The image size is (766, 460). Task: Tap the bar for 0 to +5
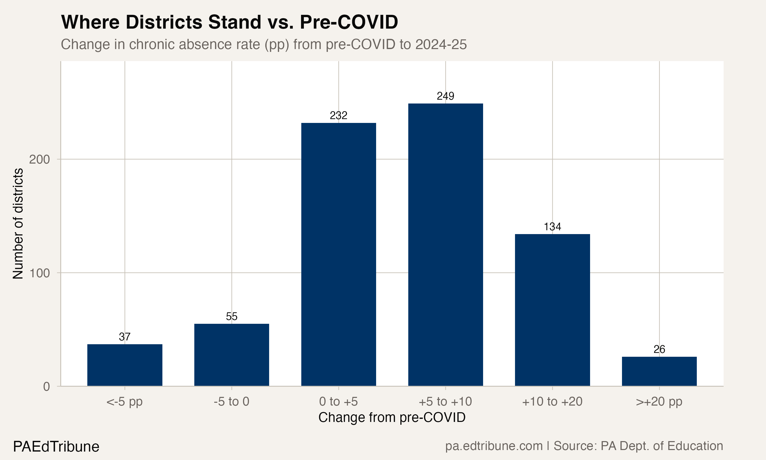coord(338,254)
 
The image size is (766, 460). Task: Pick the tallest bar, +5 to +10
coord(445,245)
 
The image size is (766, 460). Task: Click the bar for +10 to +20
coord(552,310)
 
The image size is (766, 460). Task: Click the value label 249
coord(445,96)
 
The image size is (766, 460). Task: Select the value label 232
coord(338,116)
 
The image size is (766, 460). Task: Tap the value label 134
coord(552,227)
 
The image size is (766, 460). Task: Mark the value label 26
coord(659,350)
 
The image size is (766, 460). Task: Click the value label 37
coord(125,337)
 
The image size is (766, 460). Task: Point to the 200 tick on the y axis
coord(39,160)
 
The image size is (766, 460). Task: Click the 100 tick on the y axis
coord(39,273)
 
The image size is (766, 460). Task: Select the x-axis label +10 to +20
coord(552,402)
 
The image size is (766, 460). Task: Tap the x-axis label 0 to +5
coord(338,402)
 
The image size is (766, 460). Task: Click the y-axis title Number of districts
coord(18,224)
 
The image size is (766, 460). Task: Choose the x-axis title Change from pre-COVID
coord(392,418)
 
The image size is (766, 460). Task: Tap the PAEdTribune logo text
coord(56,447)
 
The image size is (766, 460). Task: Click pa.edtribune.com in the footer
coord(494,446)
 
